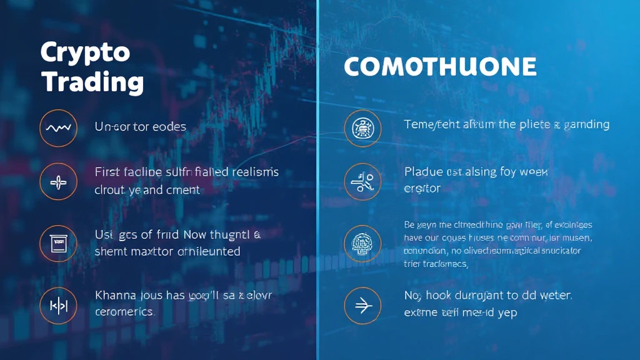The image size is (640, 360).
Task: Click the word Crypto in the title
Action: point(85,52)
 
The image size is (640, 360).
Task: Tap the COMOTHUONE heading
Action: point(440,67)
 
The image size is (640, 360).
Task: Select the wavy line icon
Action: point(58,128)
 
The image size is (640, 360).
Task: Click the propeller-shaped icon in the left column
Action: point(58,182)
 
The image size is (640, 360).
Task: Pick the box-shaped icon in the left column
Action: point(58,242)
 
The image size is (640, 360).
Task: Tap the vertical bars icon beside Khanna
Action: point(58,305)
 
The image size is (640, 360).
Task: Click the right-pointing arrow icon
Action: point(362,305)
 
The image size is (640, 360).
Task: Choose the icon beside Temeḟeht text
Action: point(362,128)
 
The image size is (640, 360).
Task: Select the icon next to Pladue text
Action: point(362,182)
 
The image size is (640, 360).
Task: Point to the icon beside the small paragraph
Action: point(362,242)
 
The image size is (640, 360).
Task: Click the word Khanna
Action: point(115,294)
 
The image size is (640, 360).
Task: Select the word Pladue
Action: point(423,171)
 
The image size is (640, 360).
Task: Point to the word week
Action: point(532,171)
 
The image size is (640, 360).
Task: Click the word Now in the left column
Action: point(199,235)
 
